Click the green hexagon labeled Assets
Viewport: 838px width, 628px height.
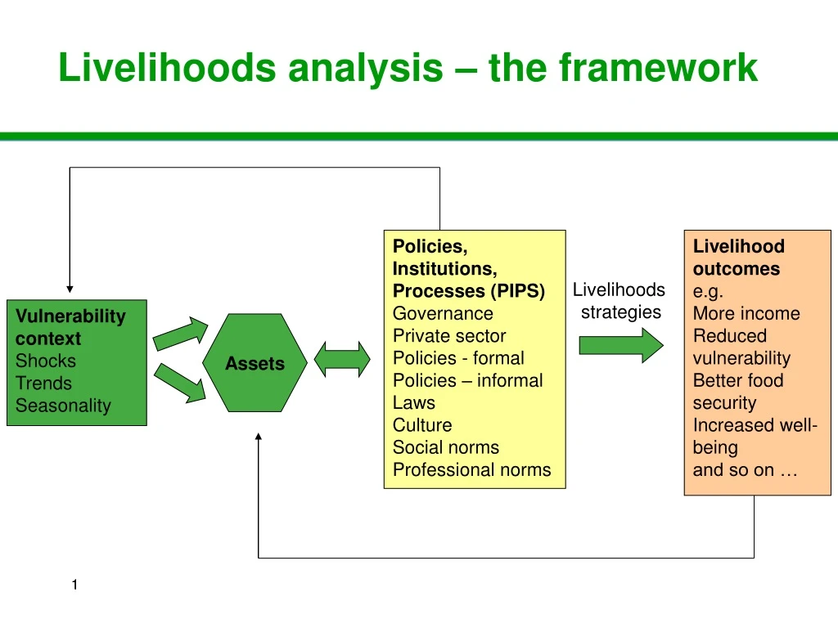[255, 363]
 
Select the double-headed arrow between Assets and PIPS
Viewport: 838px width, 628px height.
[342, 360]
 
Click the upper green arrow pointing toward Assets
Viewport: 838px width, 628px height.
[181, 332]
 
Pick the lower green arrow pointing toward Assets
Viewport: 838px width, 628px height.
[181, 384]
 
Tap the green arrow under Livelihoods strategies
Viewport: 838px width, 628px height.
[621, 345]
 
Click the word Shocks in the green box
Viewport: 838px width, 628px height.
[46, 361]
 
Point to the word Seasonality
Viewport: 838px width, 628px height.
[63, 406]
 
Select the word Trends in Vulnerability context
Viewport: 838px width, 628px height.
[43, 383]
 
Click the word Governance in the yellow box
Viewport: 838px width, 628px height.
[443, 313]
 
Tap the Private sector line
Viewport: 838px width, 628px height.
[449, 335]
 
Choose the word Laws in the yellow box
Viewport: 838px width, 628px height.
[414, 402]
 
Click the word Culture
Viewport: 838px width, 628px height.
[422, 424]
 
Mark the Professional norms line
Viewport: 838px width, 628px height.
[471, 469]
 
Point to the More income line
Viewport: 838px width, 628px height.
[746, 313]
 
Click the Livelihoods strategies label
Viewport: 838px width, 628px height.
[619, 300]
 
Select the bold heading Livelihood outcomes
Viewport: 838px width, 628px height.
[737, 258]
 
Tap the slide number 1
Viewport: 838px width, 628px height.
[74, 584]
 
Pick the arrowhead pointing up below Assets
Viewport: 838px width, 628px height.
[259, 437]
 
